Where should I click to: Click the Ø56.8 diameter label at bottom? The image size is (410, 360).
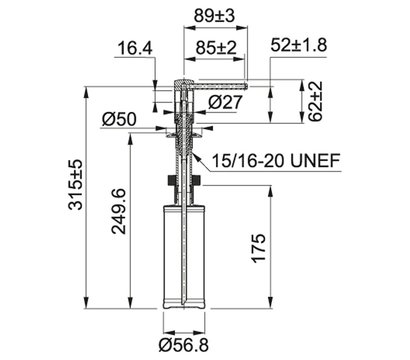pyautogui.click(x=183, y=343)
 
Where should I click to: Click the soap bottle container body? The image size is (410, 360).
pyautogui.click(x=183, y=250)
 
